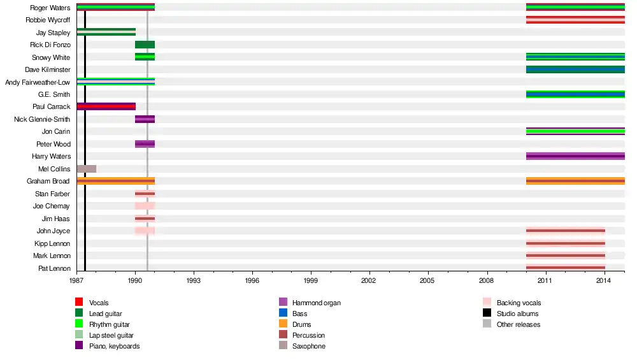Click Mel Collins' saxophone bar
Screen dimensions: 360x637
[x=86, y=169]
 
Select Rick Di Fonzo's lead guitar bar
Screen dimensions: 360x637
[x=145, y=45]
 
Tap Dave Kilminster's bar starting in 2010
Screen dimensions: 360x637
[x=575, y=69]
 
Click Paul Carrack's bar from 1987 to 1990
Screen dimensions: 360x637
[x=106, y=106]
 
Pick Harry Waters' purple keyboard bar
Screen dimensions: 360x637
[x=575, y=156]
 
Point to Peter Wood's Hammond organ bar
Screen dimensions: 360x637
[x=145, y=144]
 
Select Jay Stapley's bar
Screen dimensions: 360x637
[x=106, y=32]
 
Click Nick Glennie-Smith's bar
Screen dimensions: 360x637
[x=145, y=119]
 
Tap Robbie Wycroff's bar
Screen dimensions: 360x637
[x=575, y=20]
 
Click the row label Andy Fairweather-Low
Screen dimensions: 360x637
[x=38, y=82]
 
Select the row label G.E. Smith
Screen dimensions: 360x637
[x=54, y=94]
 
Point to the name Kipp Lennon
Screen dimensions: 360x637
[x=52, y=243]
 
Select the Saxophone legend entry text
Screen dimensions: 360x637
[x=309, y=346]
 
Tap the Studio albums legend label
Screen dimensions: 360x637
[x=517, y=313]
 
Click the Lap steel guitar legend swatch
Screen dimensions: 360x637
[x=79, y=335]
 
